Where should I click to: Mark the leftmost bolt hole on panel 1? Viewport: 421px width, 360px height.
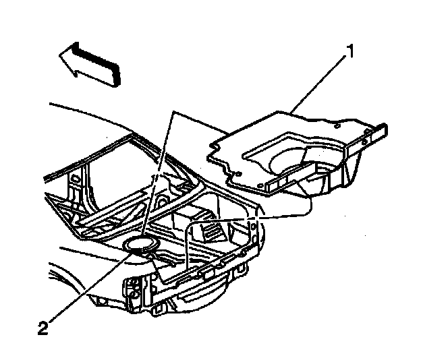coord(214,145)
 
